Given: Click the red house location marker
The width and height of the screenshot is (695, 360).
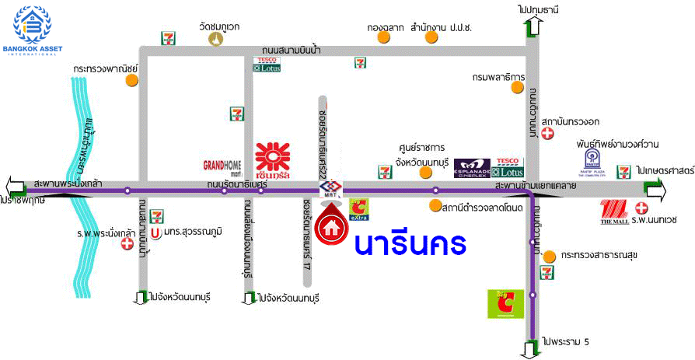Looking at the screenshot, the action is [x=332, y=225].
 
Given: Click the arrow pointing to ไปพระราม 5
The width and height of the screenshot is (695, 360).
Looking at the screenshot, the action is [x=532, y=348].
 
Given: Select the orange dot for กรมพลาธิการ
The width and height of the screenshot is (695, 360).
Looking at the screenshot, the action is [x=518, y=88].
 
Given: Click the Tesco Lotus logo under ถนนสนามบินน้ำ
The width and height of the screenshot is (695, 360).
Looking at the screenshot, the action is [x=267, y=65].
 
